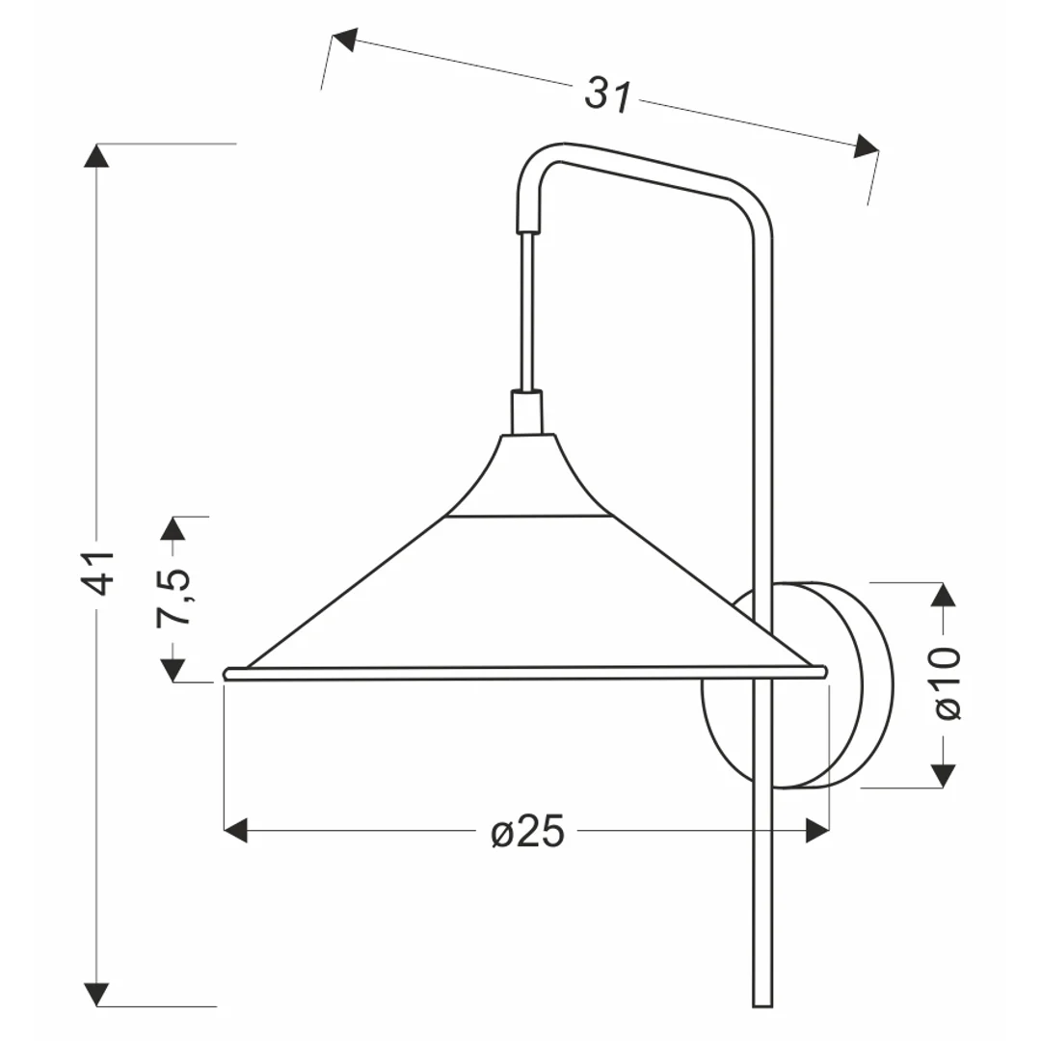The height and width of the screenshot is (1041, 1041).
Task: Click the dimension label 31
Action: coord(608,95)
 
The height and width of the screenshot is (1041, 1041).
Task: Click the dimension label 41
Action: coord(97,573)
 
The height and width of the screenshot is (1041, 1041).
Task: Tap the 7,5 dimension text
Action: coord(173,597)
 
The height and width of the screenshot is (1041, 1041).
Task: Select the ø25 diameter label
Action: coord(528,831)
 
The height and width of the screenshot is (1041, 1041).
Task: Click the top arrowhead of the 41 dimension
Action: coord(97,155)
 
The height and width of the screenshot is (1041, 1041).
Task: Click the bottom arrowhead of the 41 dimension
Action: coord(97,994)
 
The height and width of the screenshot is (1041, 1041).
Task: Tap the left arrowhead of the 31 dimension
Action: coord(344,40)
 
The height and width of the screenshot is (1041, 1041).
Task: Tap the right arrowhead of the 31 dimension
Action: coord(867,147)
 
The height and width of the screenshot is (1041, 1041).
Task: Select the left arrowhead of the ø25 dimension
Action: coord(236,831)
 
